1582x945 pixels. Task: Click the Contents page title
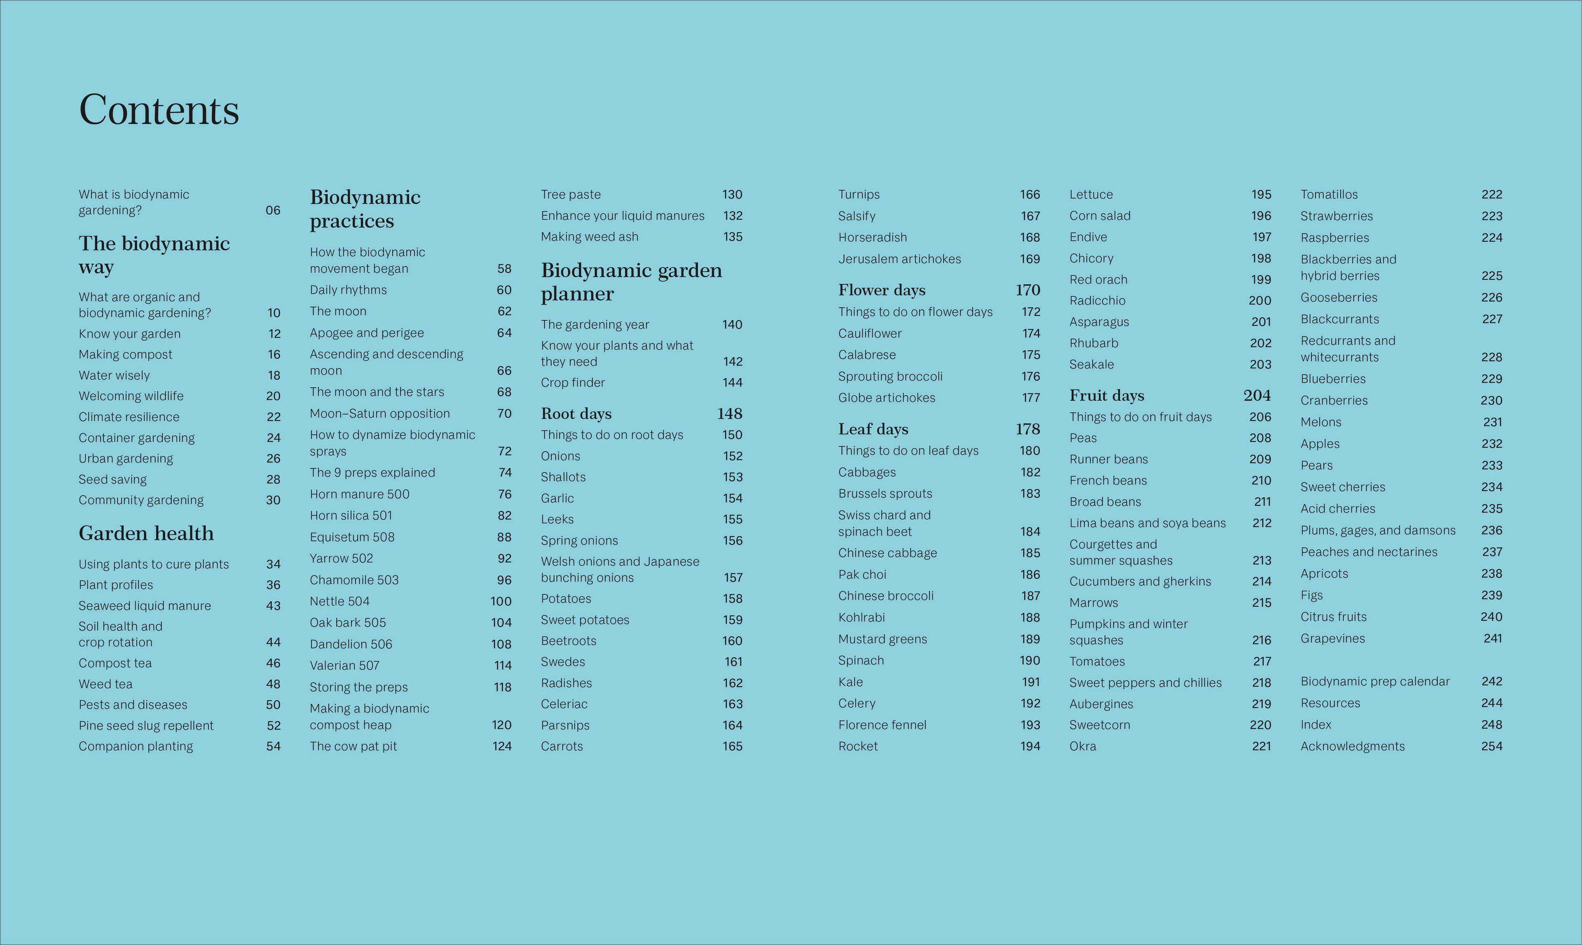159,110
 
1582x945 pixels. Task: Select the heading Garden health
146,533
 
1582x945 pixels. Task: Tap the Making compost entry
126,355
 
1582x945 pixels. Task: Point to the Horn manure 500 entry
359,494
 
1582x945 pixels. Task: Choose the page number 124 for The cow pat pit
502,746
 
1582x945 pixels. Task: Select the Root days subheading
576,414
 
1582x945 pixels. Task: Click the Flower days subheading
882,290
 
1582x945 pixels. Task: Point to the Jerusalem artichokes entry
899,259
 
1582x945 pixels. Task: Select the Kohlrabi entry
861,618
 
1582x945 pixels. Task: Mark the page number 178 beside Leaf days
1027,429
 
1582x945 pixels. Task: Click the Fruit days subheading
1106,395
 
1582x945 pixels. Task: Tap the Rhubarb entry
1093,343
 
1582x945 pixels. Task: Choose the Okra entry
1083,746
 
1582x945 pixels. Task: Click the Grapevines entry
1332,639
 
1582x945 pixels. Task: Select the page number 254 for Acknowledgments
1491,746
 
